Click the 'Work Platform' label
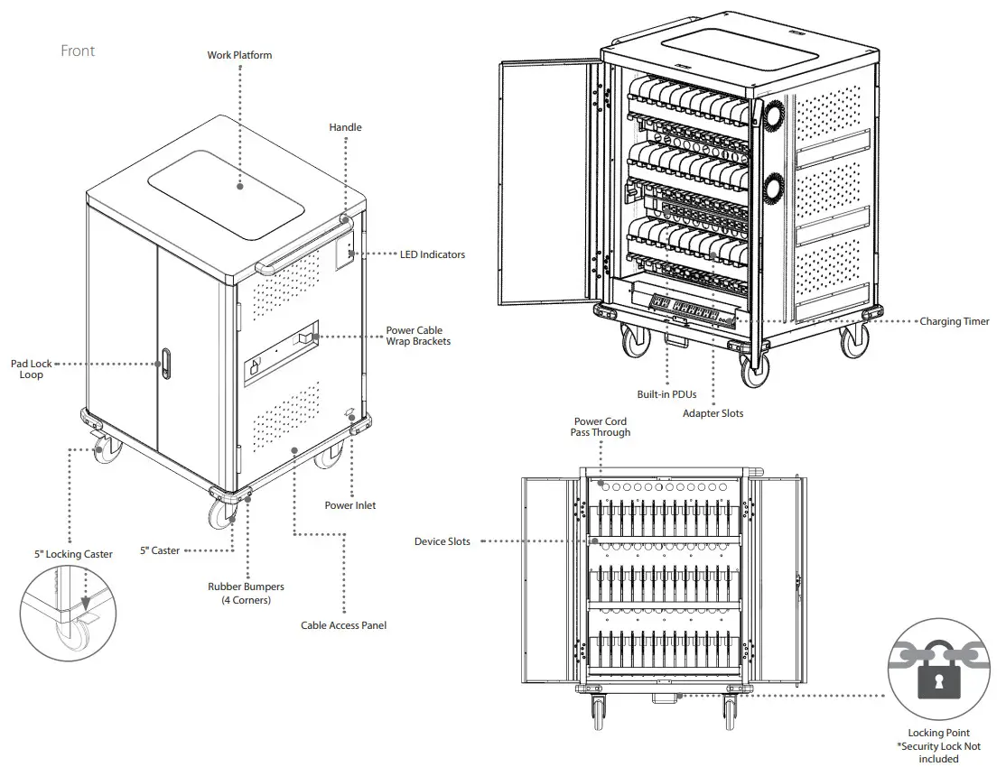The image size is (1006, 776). (239, 55)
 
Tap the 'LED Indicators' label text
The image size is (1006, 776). (433, 254)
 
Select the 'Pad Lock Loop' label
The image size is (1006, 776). (32, 369)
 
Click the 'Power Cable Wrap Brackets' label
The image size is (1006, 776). (418, 336)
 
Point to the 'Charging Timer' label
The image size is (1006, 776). (954, 321)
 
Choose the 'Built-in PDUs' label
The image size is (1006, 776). (666, 394)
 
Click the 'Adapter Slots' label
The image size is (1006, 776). (713, 413)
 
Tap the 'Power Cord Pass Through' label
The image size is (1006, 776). (600, 427)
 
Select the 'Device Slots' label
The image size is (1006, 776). (442, 541)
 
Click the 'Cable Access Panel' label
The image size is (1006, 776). (343, 625)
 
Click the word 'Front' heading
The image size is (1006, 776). (78, 51)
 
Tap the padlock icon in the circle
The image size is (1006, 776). (939, 675)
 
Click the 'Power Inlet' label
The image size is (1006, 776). (350, 505)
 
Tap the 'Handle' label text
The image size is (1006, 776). (345, 127)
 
